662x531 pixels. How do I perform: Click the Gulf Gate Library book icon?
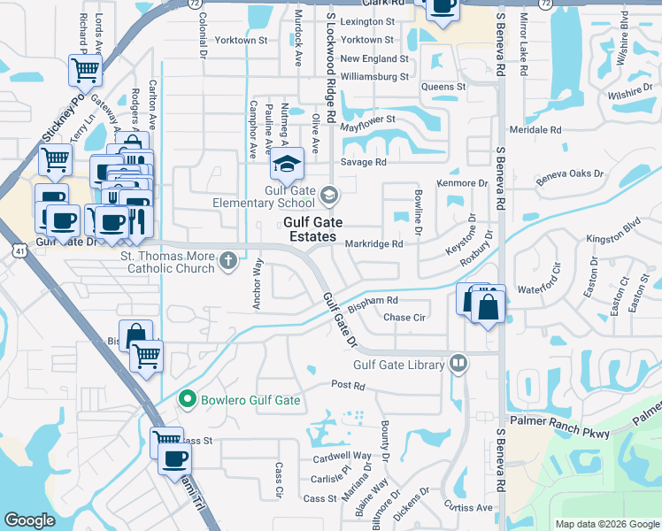coord(458,362)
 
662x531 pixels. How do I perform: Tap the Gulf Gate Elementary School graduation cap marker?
coord(286,164)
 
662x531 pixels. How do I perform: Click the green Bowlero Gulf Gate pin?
coord(187,400)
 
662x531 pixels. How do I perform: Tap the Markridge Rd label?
coord(373,243)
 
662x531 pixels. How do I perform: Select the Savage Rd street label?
coord(364,163)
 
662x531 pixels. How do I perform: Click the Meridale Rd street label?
coord(543,129)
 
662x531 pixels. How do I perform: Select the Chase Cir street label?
coord(405,317)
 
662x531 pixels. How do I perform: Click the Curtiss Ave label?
coord(468,507)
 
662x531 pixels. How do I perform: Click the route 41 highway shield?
coord(19,252)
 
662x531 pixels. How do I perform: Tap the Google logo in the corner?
coord(29,520)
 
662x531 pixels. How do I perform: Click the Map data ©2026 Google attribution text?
coord(607,524)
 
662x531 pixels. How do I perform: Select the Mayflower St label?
coord(367,119)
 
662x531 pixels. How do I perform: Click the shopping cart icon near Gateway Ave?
coord(85,69)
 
